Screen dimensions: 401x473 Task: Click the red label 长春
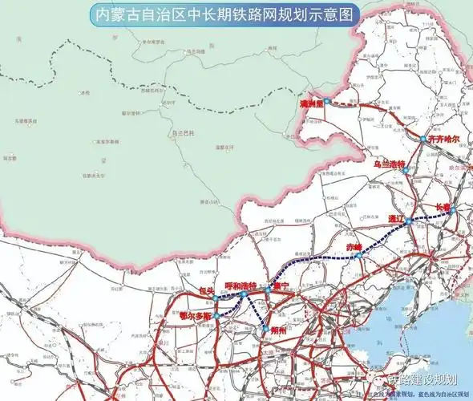(443, 206)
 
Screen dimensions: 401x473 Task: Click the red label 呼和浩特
(240, 285)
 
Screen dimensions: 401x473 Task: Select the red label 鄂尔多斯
(196, 315)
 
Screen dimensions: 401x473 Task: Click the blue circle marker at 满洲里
(327, 102)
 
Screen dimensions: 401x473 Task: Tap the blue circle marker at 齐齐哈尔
(422, 140)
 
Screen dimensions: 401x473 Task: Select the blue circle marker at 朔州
(265, 328)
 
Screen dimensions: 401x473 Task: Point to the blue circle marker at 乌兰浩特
(405, 170)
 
